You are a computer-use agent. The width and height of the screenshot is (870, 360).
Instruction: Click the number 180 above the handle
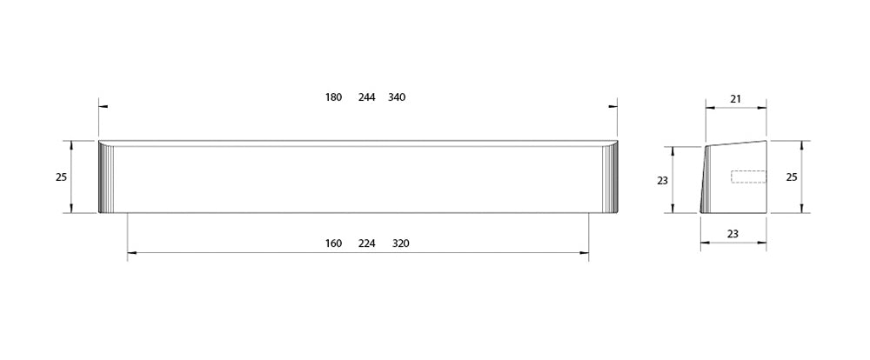(333, 97)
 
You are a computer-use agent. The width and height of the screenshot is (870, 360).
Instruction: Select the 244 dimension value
(367, 97)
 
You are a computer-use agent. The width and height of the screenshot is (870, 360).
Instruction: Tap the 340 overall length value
(397, 97)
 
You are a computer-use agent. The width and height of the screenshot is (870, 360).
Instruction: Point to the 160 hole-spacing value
(333, 243)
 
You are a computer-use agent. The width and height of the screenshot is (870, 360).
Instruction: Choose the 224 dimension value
(367, 243)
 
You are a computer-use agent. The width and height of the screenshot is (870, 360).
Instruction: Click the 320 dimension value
(400, 243)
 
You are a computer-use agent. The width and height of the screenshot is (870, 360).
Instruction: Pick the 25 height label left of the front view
(61, 177)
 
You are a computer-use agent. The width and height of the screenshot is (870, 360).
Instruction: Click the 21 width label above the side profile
(736, 99)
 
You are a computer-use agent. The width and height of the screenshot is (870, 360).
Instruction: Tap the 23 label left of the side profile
(662, 181)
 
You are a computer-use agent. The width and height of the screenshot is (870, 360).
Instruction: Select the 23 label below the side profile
(733, 234)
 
